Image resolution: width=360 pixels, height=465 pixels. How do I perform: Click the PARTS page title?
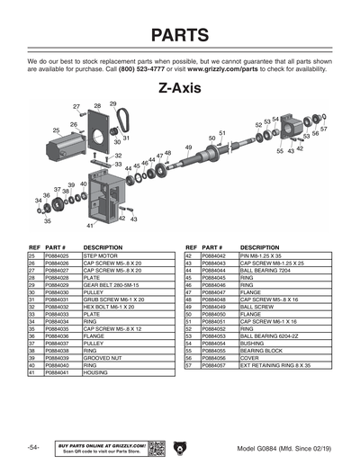click(180, 36)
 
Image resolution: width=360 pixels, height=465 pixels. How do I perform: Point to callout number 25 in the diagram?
click(56, 130)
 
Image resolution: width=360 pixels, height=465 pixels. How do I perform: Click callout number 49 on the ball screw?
click(188, 147)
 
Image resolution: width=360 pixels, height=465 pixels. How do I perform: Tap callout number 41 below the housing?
click(90, 226)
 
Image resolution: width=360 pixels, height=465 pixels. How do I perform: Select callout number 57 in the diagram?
click(324, 130)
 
